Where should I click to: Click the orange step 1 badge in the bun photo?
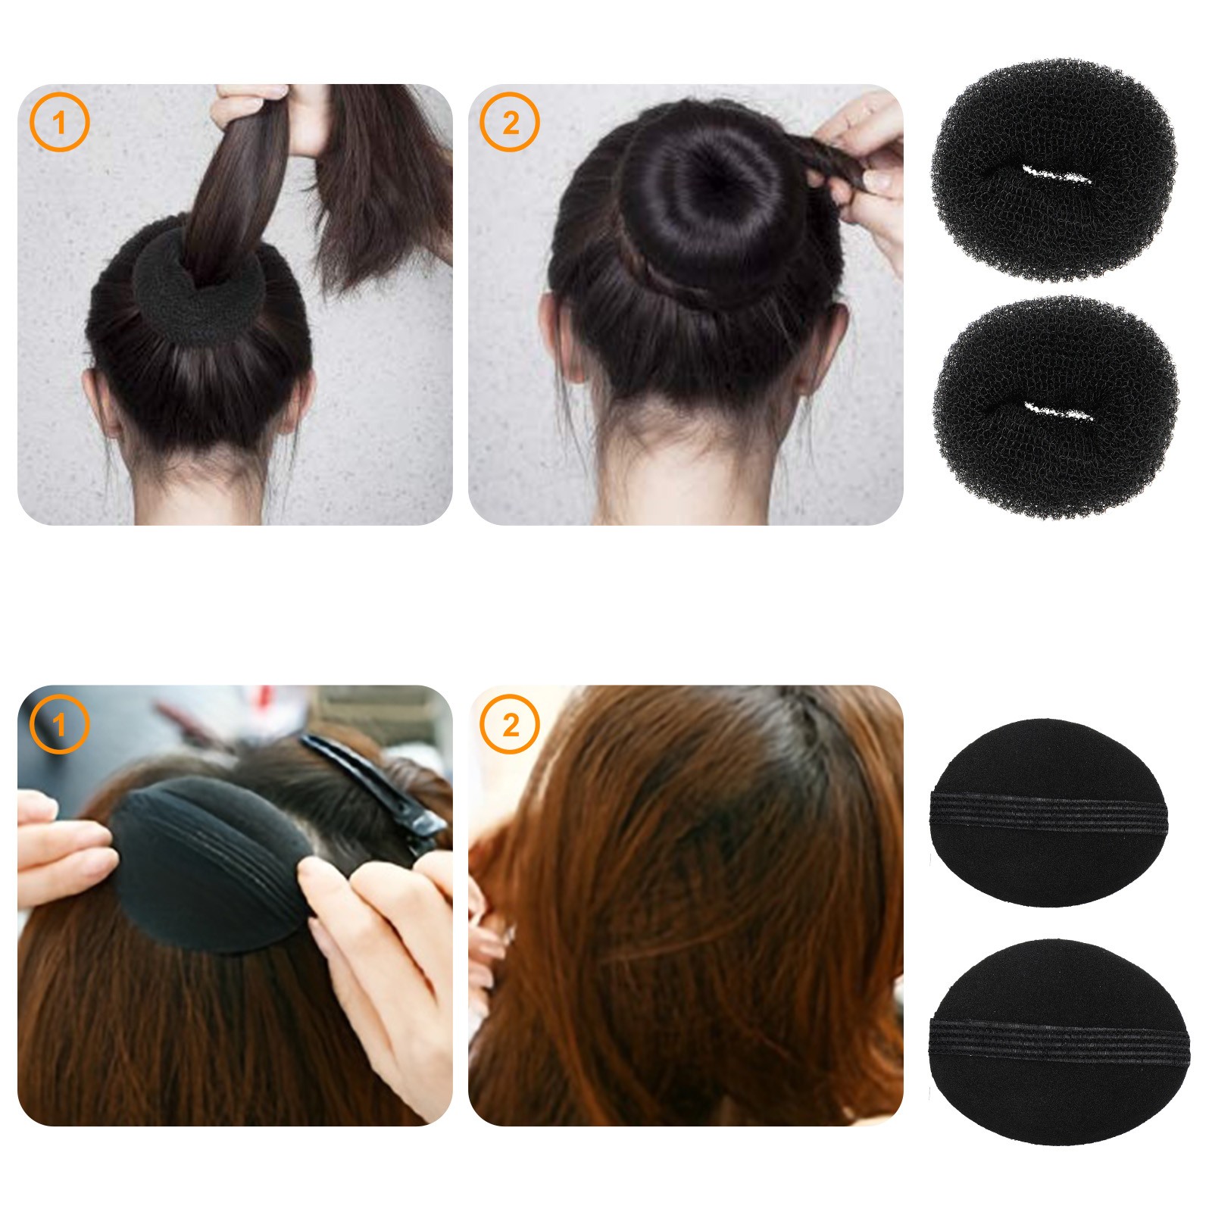pos(60,122)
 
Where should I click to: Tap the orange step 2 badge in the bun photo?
pos(510,122)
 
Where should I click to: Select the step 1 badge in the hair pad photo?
pos(59,724)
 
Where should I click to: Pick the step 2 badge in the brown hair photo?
pos(510,724)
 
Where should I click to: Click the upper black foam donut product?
pos(1054,170)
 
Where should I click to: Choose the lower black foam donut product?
pos(1055,408)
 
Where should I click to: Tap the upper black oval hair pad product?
pos(1048,812)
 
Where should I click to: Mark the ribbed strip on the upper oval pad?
pos(1048,812)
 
